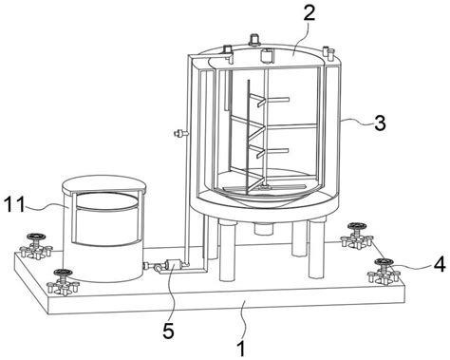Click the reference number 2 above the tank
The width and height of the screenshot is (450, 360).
(x=309, y=13)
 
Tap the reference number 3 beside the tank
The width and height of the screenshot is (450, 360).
(x=380, y=123)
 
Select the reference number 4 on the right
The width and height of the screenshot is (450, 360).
(x=440, y=264)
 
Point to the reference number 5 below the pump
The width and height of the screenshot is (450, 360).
(x=169, y=330)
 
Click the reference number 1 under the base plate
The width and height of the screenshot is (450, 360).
(x=242, y=349)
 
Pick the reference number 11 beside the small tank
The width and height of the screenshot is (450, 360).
(x=14, y=204)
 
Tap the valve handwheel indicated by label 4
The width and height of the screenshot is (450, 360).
(x=384, y=262)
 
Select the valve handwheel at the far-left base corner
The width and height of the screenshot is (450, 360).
(x=36, y=237)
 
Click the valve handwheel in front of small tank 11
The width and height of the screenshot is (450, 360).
(x=63, y=273)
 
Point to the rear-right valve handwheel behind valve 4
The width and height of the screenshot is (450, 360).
(x=357, y=226)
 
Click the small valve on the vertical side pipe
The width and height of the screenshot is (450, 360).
(x=180, y=133)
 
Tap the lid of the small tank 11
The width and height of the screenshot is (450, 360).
(x=103, y=184)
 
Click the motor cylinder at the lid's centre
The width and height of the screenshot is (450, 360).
(x=266, y=55)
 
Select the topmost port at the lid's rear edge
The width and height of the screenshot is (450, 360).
(x=253, y=39)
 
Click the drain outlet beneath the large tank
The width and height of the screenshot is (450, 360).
(x=263, y=228)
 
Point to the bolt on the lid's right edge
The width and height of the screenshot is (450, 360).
(x=331, y=53)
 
